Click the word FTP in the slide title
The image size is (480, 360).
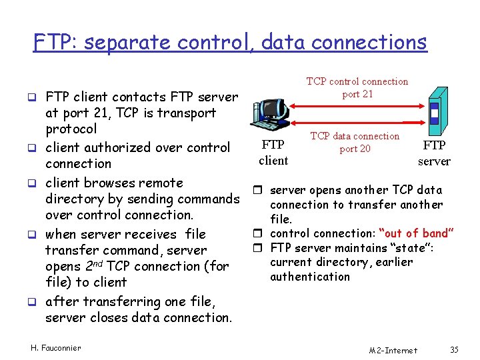click(x=49, y=43)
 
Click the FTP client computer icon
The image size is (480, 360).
click(x=269, y=114)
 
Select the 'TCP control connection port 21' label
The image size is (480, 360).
click(x=357, y=87)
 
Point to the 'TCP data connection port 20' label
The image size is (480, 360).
click(x=355, y=142)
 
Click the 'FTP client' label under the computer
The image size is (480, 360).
click(x=273, y=153)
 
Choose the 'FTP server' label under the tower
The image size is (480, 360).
click(x=434, y=153)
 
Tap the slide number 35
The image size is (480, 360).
click(x=455, y=350)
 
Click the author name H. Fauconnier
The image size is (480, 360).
click(x=56, y=347)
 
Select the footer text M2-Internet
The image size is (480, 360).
click(x=393, y=350)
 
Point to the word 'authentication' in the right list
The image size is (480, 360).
click(x=310, y=277)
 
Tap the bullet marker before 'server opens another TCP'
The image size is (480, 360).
click(x=262, y=191)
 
